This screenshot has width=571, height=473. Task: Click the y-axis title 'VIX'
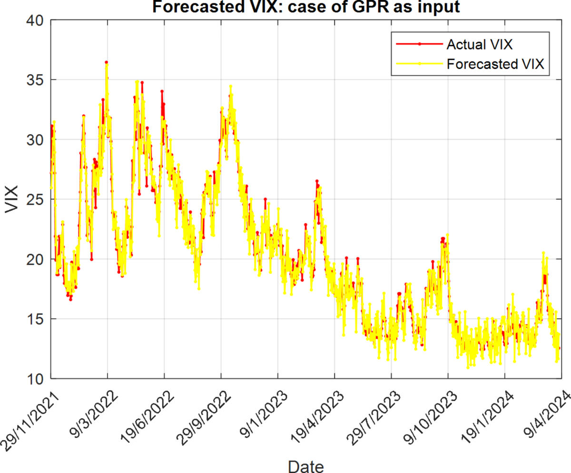click(11, 200)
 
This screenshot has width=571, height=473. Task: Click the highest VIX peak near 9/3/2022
click(107, 62)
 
